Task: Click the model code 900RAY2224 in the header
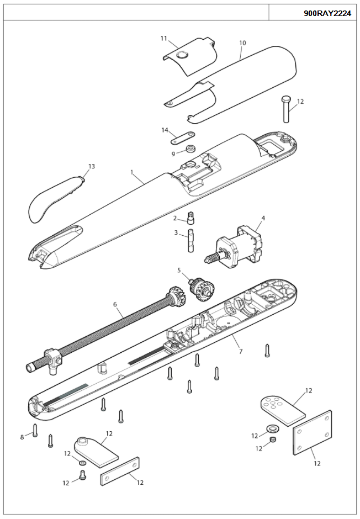click(x=327, y=13)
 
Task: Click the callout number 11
click(x=163, y=38)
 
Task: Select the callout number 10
click(x=242, y=43)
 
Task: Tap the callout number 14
click(x=165, y=130)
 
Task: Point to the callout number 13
click(x=91, y=166)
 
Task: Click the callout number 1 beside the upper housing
click(x=132, y=172)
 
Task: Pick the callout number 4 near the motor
click(x=263, y=218)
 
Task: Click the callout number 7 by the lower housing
click(x=240, y=351)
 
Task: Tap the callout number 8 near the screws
click(x=23, y=437)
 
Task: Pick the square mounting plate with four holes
click(x=312, y=433)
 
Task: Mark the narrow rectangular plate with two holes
click(x=120, y=471)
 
